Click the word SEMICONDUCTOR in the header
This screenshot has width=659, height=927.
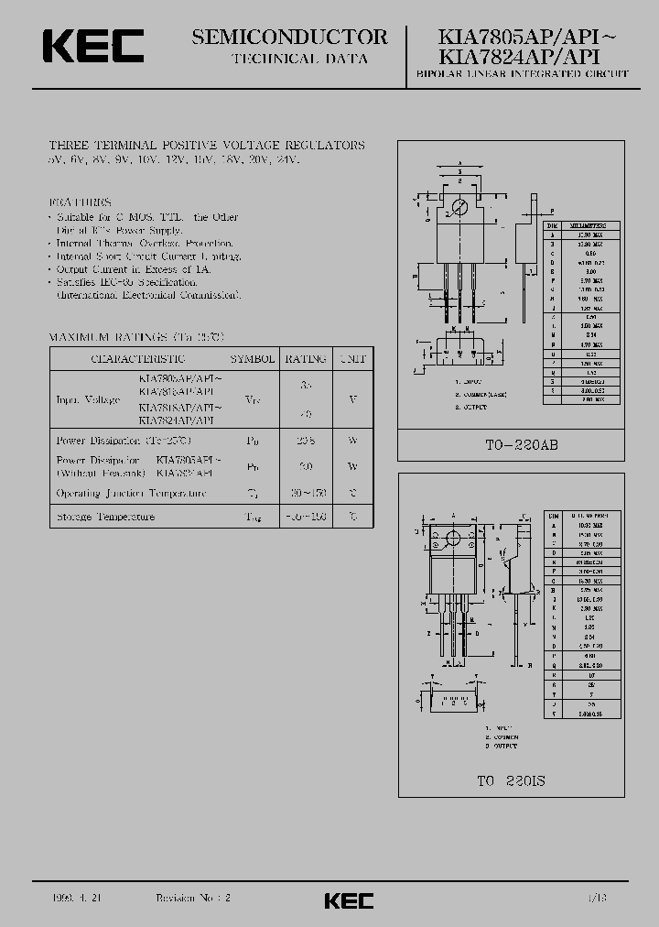click(x=290, y=37)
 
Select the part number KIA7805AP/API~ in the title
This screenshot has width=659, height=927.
click(x=528, y=38)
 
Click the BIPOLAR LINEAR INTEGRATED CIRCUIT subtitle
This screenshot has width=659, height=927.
click(x=522, y=73)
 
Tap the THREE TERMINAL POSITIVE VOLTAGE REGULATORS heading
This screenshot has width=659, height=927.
click(x=206, y=146)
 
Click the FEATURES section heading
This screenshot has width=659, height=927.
click(x=80, y=202)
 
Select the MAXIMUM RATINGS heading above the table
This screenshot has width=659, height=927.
click(x=126, y=337)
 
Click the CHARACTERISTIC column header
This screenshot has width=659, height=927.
click(x=138, y=359)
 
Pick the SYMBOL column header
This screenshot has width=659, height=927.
click(x=252, y=359)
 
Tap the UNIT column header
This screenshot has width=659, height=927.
click(x=351, y=359)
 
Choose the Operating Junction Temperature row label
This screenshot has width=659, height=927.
click(x=131, y=494)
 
